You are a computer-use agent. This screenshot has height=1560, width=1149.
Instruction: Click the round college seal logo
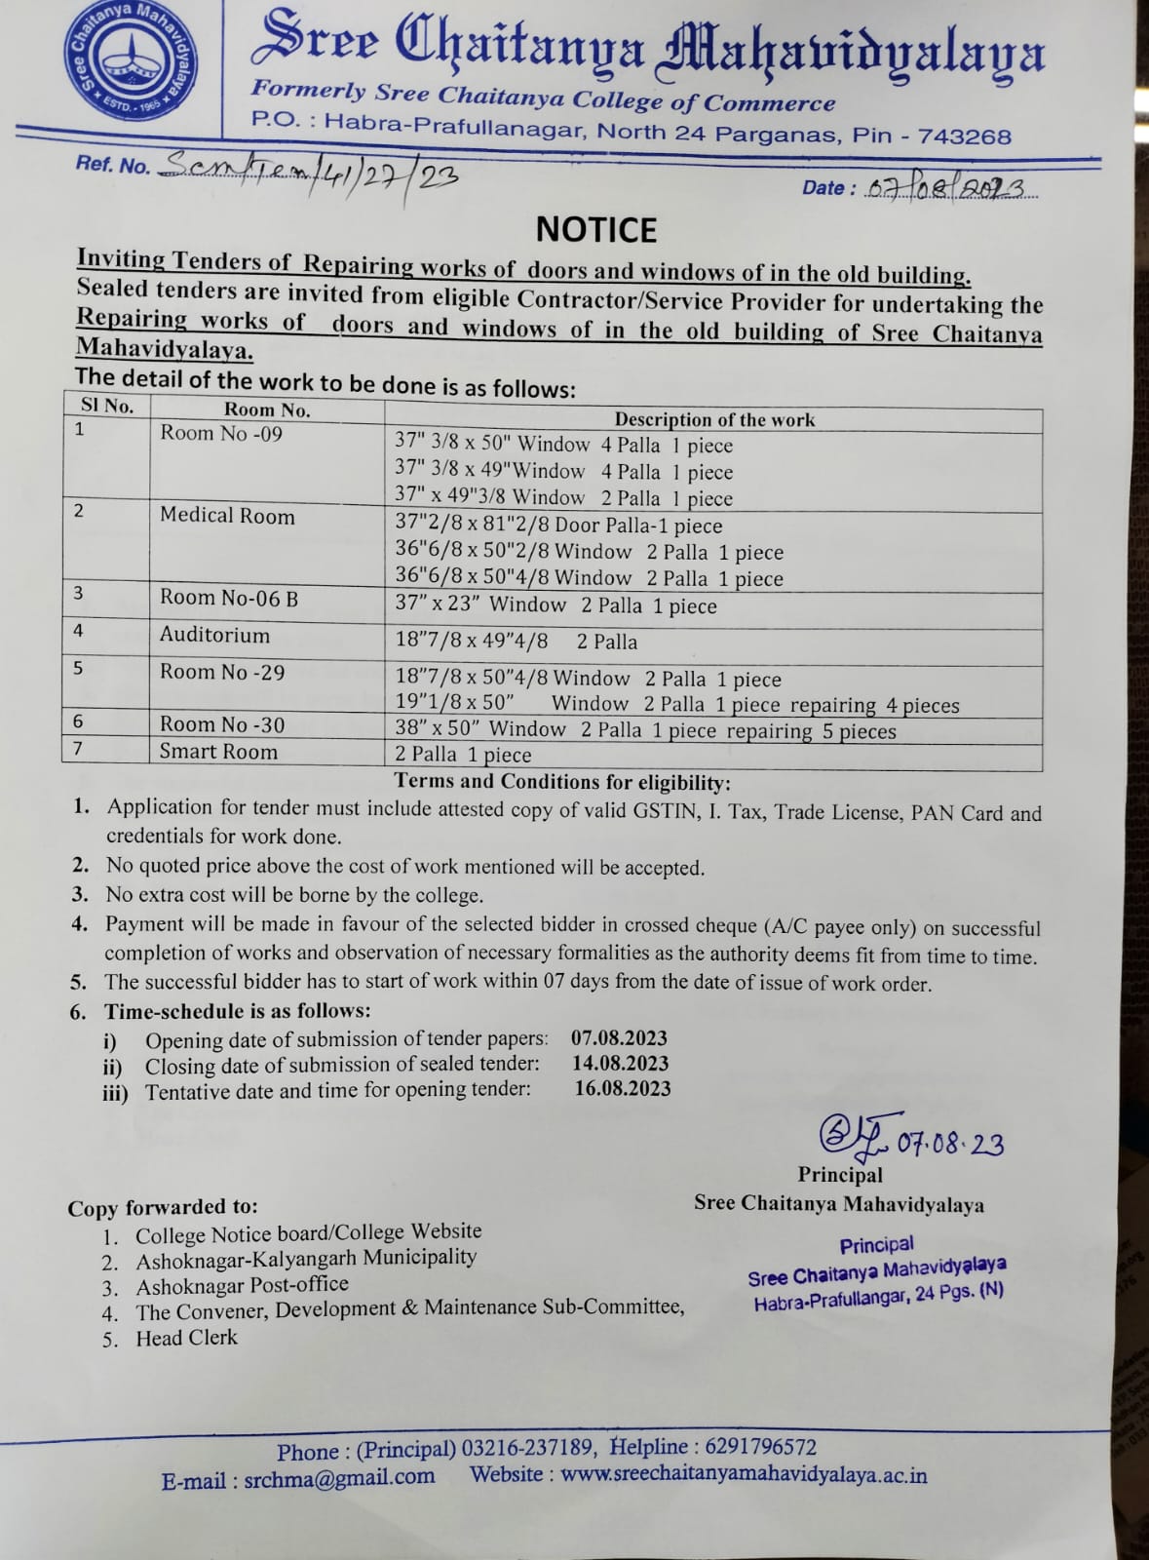coord(130,60)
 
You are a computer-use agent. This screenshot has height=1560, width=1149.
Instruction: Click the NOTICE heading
coord(596,230)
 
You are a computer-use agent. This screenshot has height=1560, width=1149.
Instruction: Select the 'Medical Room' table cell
coord(227,516)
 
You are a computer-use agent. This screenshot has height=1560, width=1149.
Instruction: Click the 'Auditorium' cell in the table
coord(214,636)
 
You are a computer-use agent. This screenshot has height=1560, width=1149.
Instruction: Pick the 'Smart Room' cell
coord(218,752)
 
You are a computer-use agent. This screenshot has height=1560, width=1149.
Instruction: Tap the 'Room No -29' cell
coord(222,672)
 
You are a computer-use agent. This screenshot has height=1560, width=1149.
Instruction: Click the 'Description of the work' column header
coord(713,419)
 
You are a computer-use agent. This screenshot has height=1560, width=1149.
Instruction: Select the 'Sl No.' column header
coord(107,407)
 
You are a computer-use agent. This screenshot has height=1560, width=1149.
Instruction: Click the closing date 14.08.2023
coord(620,1064)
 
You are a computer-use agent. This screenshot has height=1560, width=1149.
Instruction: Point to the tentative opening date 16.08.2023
coord(622,1089)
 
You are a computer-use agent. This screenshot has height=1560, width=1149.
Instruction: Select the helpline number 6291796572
coord(761,1447)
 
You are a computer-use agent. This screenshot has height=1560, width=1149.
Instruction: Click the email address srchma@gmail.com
coord(339,1477)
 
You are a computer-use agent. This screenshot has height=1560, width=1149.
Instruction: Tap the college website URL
coord(744,1475)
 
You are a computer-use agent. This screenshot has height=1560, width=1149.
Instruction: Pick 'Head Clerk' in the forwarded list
coord(186,1338)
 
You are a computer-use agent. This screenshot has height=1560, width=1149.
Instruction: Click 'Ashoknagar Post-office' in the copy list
coord(242,1286)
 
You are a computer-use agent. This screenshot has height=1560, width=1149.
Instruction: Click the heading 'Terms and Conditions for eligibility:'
coord(562,782)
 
